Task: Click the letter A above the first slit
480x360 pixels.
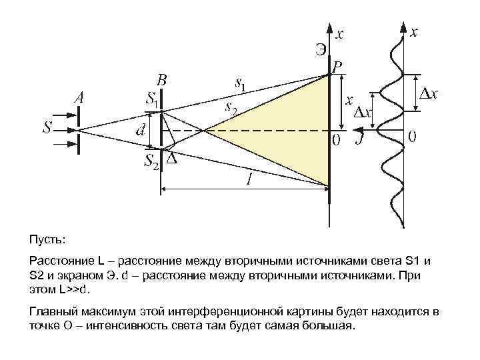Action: pos(79,97)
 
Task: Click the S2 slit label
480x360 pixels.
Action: pos(152,162)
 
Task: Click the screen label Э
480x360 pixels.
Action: pos(321,48)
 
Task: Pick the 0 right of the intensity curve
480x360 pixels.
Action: pos(413,138)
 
